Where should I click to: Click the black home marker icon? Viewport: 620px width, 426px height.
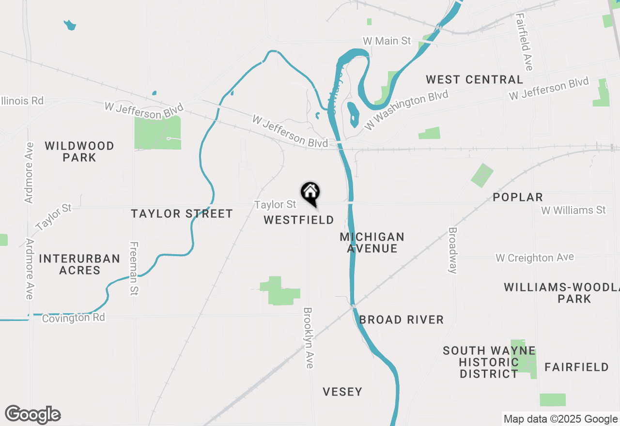310,193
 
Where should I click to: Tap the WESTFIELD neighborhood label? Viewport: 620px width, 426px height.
299,220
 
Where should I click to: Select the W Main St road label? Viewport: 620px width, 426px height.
387,41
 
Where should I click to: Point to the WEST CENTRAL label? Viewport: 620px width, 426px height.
474,80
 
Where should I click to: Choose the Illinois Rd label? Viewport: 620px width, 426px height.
22,101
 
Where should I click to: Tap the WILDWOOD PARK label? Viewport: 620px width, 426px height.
79,152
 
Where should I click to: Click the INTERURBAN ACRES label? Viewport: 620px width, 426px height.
79,264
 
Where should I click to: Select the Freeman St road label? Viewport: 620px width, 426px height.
134,269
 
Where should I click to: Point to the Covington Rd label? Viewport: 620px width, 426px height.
73,318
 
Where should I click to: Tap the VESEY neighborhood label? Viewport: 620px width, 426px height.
342,392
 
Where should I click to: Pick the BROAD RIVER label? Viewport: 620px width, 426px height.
402,320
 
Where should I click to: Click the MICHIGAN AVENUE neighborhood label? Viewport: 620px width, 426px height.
372,243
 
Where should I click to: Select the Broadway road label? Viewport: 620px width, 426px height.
453,250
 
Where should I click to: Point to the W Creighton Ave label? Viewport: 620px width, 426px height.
535,258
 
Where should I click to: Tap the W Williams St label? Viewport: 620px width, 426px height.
573,211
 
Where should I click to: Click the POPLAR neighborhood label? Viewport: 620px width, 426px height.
518,198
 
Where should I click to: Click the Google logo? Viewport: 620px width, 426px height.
33,415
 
